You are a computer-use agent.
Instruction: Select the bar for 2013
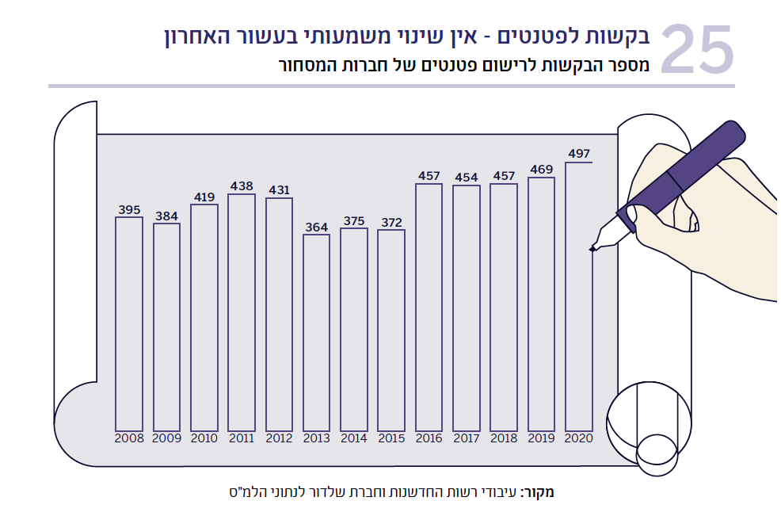pos(317,332)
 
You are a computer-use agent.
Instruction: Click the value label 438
pos(242,186)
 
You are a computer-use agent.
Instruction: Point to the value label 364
pos(317,227)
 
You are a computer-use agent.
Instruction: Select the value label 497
pos(579,155)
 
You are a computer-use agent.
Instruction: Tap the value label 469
pos(542,170)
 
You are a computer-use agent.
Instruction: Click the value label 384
pos(167,216)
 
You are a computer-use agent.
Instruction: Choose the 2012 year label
pos(279,438)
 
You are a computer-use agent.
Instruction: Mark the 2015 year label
pos(391,438)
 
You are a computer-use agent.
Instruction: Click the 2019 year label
pos(542,438)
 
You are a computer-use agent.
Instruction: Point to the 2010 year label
pos(204,438)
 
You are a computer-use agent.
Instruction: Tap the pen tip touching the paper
pos(592,250)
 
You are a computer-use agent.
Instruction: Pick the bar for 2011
pos(242,312)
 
